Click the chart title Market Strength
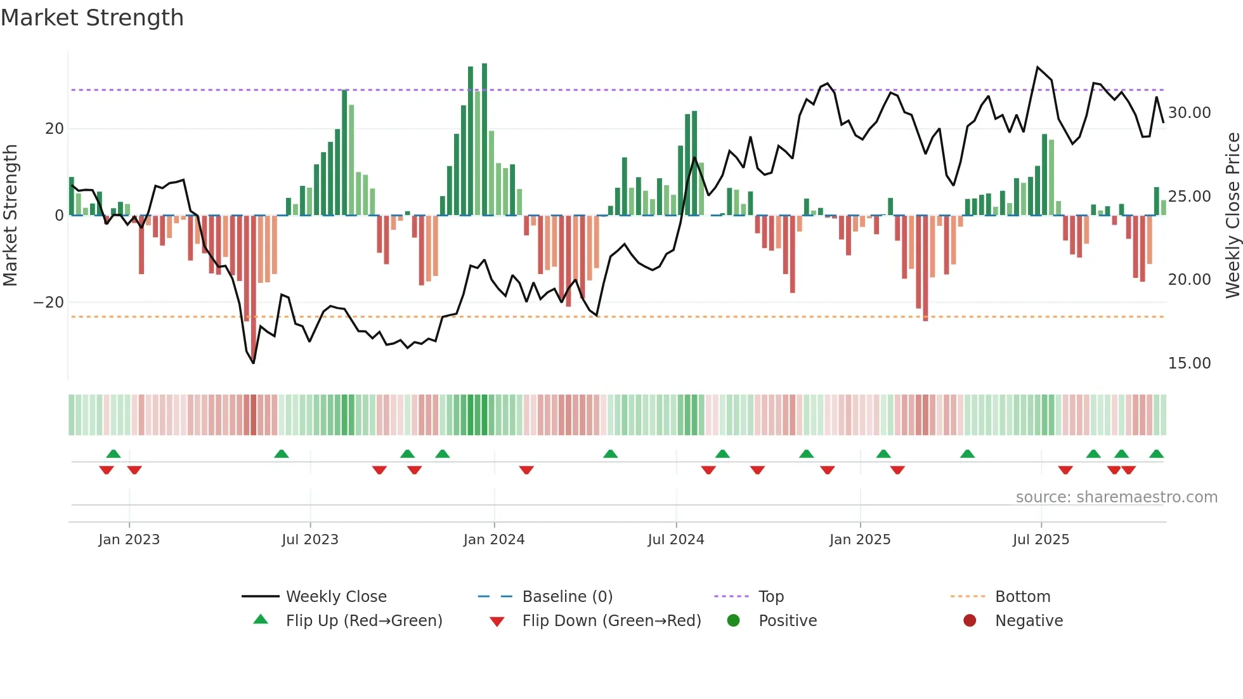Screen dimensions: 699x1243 (92, 18)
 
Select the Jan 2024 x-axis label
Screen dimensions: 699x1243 (494, 540)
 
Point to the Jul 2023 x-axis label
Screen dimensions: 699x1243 (310, 540)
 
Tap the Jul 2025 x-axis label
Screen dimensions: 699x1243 (1041, 540)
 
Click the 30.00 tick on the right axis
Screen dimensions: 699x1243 (1189, 113)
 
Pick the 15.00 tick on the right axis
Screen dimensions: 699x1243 (1189, 363)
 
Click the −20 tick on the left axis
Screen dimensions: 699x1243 (49, 303)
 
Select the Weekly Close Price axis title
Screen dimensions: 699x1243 (1232, 215)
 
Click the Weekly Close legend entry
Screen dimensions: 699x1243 (335, 597)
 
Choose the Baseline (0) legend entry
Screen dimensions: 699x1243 (567, 597)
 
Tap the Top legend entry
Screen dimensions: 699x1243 (771, 597)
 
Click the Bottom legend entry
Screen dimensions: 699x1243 (1022, 597)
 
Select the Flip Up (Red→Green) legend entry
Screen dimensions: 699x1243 (363, 621)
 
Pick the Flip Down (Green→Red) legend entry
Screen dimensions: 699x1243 (611, 621)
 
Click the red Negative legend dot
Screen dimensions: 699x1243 (970, 620)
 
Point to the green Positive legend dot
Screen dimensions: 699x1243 (734, 620)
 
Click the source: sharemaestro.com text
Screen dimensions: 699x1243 (1116, 497)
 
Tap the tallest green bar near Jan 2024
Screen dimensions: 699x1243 (485, 140)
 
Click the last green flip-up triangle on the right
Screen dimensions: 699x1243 (1156, 454)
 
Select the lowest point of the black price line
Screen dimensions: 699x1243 (253, 363)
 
